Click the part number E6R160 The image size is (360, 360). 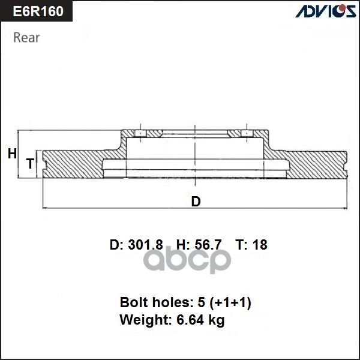click(x=37, y=11)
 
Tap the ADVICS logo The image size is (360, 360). click(x=325, y=11)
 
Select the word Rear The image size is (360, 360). click(x=26, y=37)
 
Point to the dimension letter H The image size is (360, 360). click(x=12, y=154)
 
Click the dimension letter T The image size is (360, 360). click(x=29, y=163)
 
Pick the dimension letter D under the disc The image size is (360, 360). click(x=196, y=202)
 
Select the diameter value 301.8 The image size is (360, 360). click(x=146, y=245)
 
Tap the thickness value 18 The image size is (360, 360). click(x=260, y=245)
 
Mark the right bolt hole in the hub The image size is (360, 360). click(x=246, y=133)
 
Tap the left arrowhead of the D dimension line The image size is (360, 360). click(x=46, y=208)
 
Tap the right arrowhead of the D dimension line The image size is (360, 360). click(x=344, y=208)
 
